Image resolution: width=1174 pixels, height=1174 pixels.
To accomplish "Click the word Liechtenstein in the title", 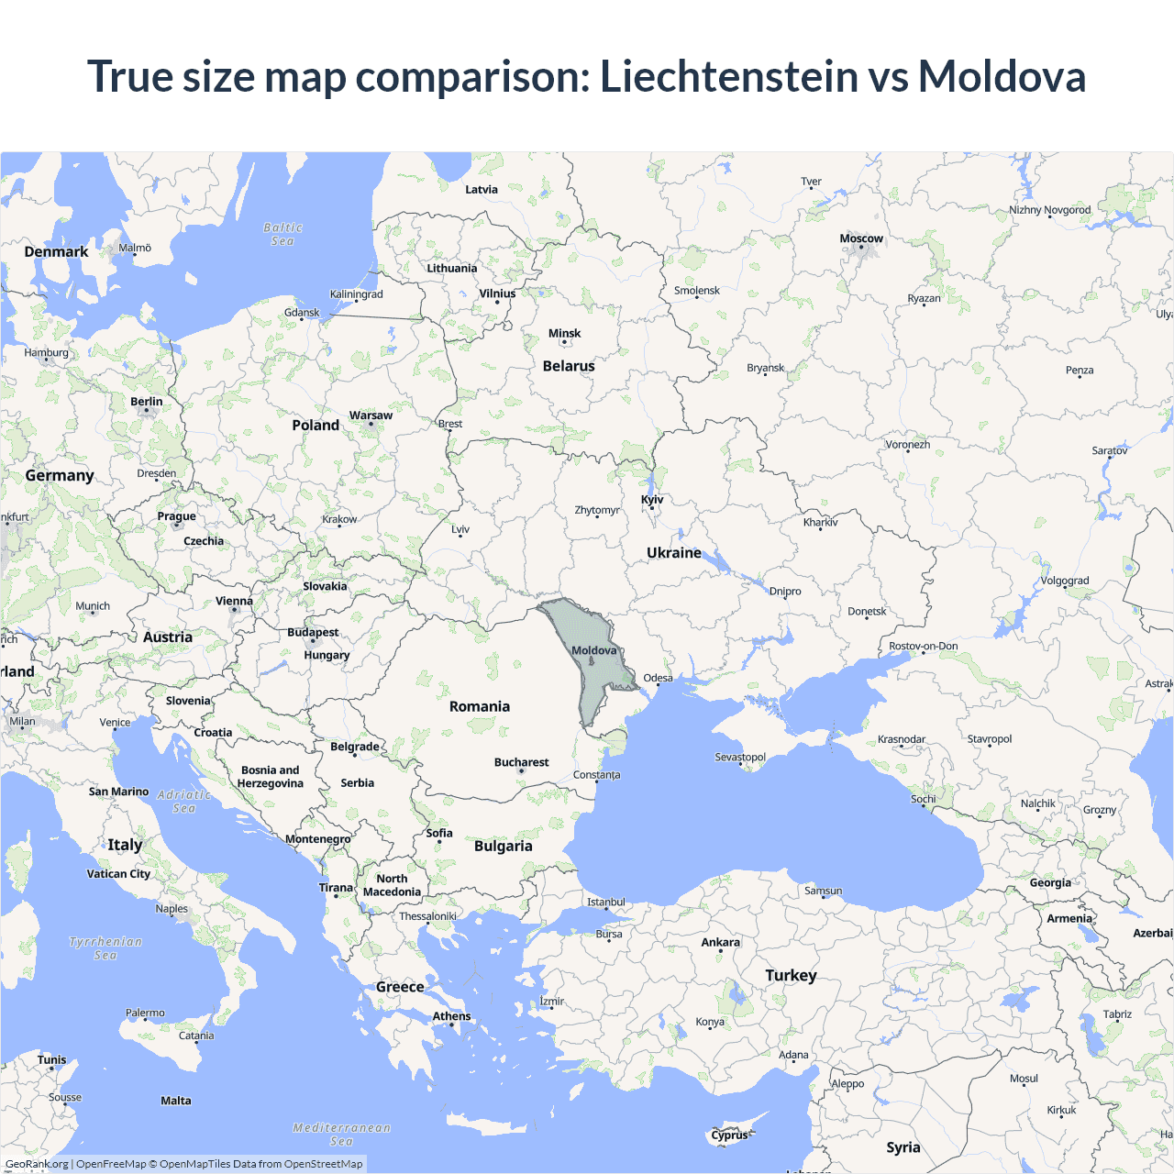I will [729, 76].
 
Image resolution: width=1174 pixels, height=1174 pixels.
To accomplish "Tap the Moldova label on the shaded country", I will [594, 650].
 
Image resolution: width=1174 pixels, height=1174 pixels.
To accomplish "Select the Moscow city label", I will [861, 238].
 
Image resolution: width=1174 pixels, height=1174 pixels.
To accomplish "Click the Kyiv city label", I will [652, 500].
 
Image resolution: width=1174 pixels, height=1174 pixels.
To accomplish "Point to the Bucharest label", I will [521, 762].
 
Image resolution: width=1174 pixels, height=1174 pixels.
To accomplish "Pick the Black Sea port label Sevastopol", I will [740, 758].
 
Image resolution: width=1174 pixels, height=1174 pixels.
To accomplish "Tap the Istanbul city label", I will [606, 902].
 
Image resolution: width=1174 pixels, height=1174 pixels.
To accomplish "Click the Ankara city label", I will [720, 942].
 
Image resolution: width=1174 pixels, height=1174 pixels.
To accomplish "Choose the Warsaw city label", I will [371, 415].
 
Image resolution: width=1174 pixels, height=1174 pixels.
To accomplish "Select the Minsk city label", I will [564, 334].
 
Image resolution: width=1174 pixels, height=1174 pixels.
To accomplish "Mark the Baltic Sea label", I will [282, 234].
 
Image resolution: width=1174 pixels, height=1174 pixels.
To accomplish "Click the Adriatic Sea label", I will [183, 802].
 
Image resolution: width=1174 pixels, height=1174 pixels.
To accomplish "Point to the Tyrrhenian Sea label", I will [105, 948].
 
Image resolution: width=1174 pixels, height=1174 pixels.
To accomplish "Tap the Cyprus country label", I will [730, 1135].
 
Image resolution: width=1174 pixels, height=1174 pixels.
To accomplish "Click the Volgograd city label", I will [1065, 581].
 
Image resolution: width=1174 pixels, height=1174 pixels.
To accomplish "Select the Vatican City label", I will [118, 874].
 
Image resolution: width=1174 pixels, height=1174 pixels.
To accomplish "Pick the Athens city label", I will [451, 1016].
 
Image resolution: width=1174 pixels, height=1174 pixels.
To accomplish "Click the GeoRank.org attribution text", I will [37, 1164].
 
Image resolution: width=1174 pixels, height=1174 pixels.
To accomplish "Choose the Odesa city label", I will [658, 679].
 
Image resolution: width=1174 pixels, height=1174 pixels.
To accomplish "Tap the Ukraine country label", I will [673, 553].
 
